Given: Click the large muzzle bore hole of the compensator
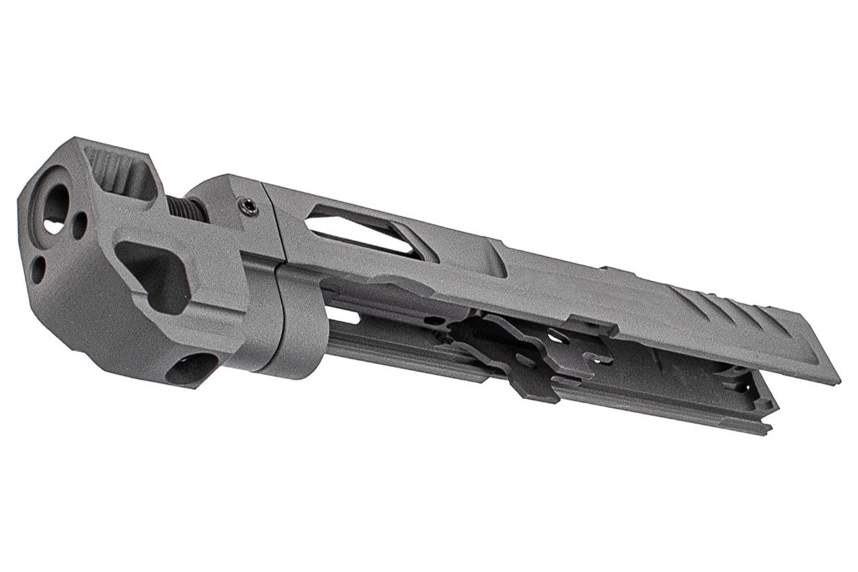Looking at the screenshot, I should click(55, 208).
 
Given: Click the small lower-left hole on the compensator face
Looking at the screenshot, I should click(38, 268).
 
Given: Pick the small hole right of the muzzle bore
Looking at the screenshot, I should click(80, 225).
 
